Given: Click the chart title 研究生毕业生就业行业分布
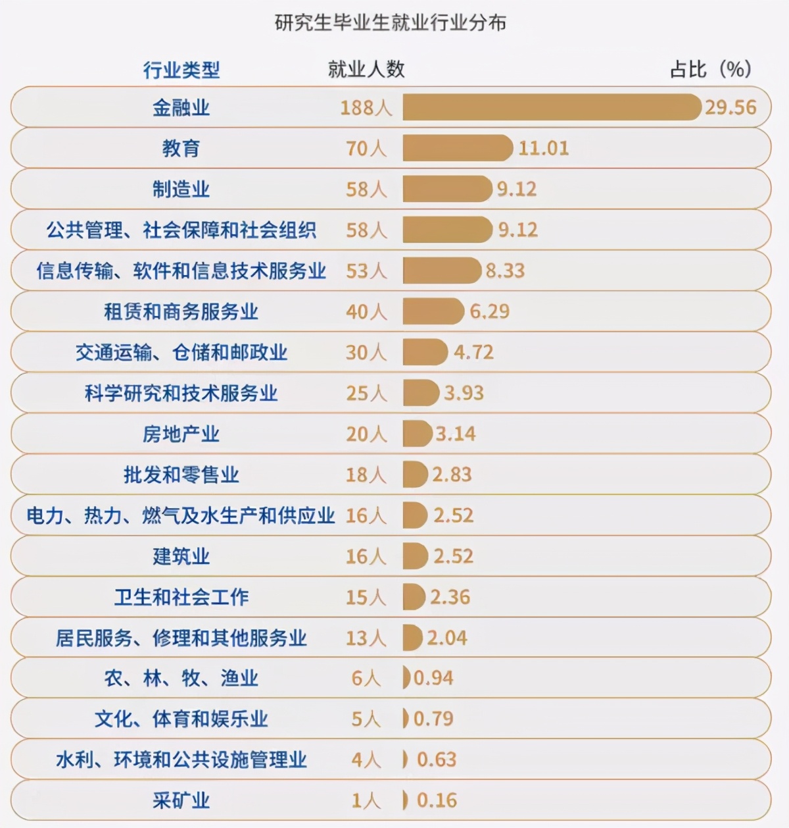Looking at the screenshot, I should pyautogui.click(x=391, y=23).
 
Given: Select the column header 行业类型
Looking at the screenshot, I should pyautogui.click(x=181, y=70).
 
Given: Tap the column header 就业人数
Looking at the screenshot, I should pyautogui.click(x=366, y=69).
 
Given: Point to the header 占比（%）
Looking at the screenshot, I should pyautogui.click(x=711, y=69).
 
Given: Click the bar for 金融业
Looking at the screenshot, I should pyautogui.click(x=551, y=107).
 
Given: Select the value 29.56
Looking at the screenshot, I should pyautogui.click(x=730, y=107).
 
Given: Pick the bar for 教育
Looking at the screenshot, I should pyautogui.click(x=457, y=148).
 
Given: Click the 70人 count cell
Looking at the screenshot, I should pyautogui.click(x=366, y=149).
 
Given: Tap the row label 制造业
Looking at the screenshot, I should pyautogui.click(x=181, y=190).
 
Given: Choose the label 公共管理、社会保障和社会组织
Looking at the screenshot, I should pyautogui.click(x=181, y=230).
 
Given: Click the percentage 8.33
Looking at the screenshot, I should pyautogui.click(x=505, y=271).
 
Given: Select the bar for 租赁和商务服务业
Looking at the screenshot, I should pyautogui.click(x=433, y=311).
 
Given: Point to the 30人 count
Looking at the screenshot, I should pyautogui.click(x=366, y=353).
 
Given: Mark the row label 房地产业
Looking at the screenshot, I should pyautogui.click(x=181, y=434).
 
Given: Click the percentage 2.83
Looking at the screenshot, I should pyautogui.click(x=452, y=475).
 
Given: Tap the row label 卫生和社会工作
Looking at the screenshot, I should pyautogui.click(x=181, y=598).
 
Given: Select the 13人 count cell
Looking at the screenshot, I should pyautogui.click(x=366, y=638).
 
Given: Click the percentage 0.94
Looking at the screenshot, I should pyautogui.click(x=433, y=678).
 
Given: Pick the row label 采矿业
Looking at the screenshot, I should pyautogui.click(x=181, y=801).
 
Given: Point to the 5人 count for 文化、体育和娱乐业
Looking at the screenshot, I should pyautogui.click(x=366, y=719).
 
